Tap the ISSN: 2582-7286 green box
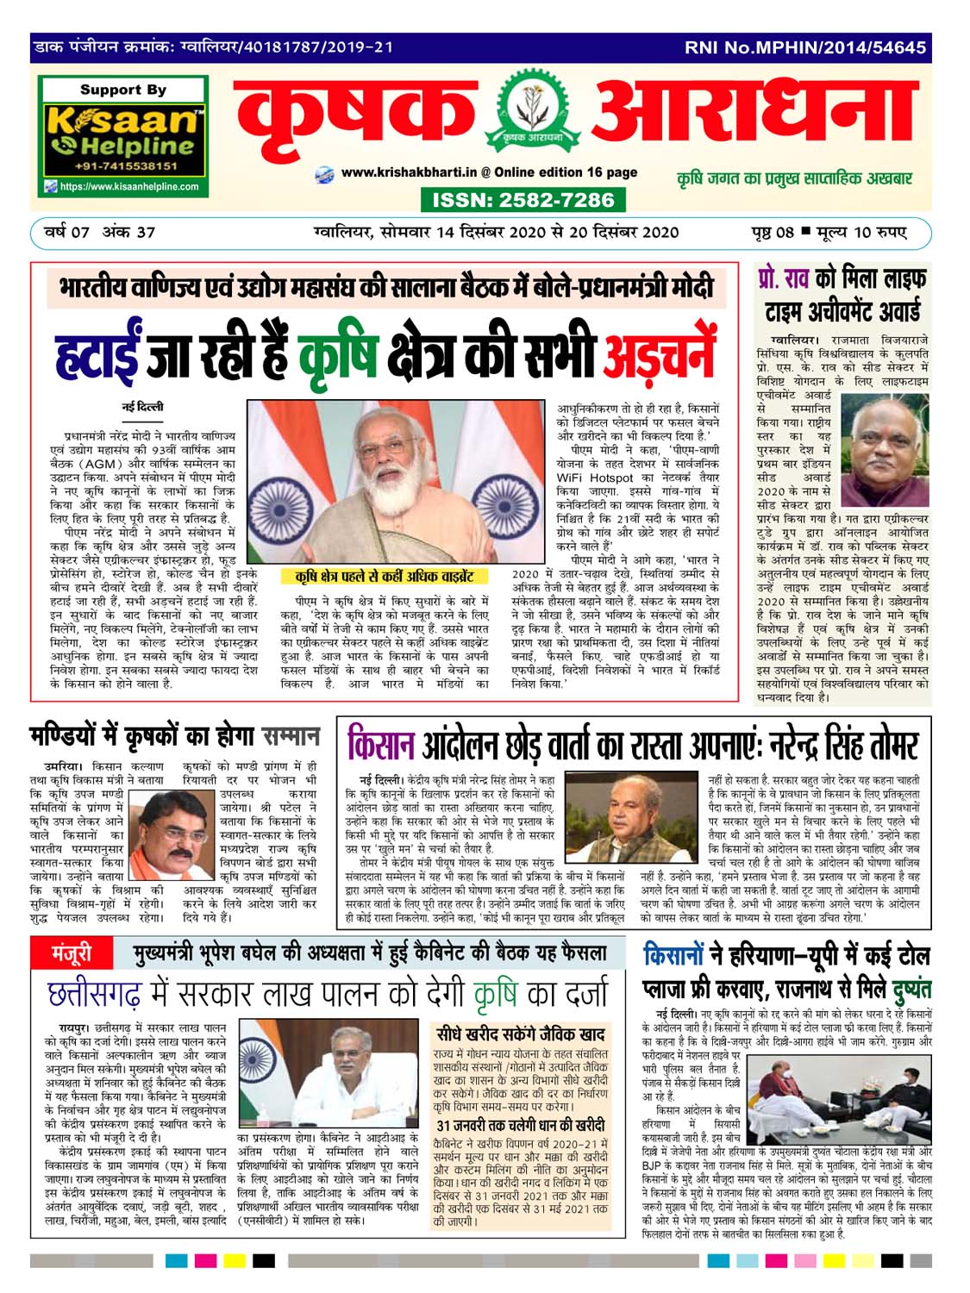point(523,200)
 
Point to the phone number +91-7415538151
point(125,166)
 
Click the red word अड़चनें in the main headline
point(660,355)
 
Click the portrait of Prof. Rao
point(889,453)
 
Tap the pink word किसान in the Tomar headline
point(379,743)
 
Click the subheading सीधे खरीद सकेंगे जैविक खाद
point(520,1034)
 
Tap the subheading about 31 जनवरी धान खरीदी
point(520,1125)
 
